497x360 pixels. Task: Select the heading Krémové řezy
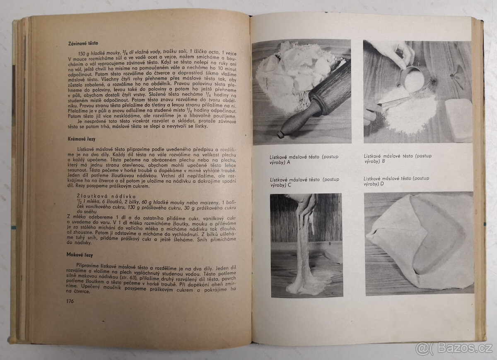pos(82,139)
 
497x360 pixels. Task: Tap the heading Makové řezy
pos(79,255)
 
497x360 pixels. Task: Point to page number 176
pos(70,301)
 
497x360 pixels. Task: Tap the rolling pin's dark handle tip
pos(282,134)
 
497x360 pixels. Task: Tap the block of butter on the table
pos(458,120)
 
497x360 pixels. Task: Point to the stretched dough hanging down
pos(304,248)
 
